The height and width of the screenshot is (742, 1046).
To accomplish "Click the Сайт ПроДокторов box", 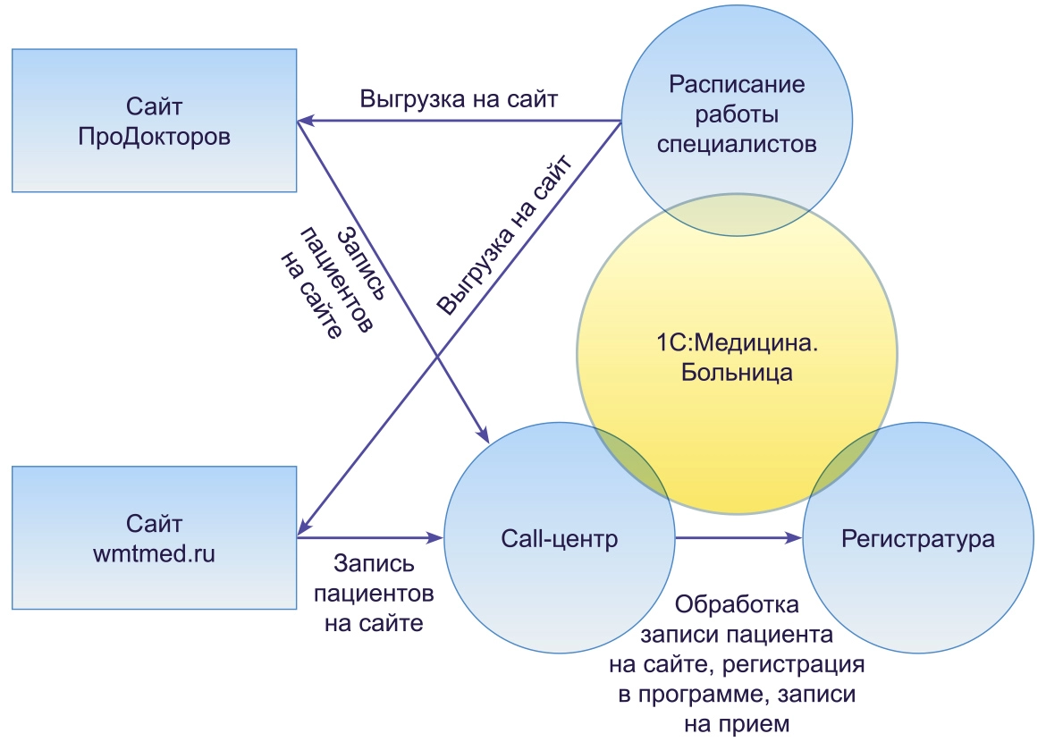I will click(x=154, y=121).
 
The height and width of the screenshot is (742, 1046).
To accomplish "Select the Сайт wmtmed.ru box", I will click(x=154, y=538).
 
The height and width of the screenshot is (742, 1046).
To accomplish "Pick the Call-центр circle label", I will click(x=559, y=539).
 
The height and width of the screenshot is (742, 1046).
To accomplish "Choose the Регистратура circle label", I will click(x=918, y=539).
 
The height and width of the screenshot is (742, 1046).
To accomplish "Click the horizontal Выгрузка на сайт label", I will click(x=460, y=98).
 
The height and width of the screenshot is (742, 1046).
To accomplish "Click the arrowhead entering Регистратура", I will click(x=794, y=539).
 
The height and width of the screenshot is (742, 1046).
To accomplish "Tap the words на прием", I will click(x=736, y=723).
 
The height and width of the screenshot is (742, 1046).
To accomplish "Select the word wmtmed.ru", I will click(x=154, y=553).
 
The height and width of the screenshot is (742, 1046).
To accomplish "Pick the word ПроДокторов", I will click(x=154, y=136).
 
